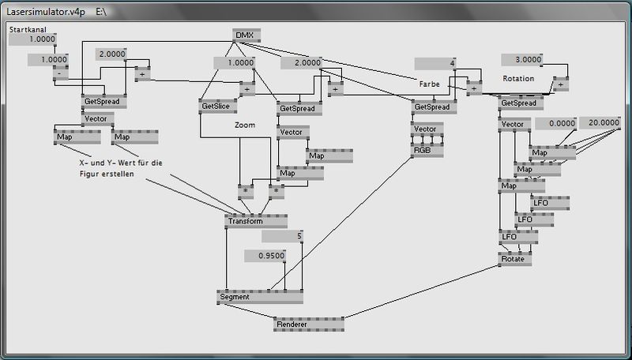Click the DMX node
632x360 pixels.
246,36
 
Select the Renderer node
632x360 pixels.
309,324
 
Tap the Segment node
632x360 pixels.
260,297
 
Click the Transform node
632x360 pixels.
256,221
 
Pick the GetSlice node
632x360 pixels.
218,107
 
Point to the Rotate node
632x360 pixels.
515,259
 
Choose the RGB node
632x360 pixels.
427,150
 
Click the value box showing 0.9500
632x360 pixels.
265,256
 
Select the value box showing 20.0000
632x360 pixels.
600,123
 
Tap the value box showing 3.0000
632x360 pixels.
522,59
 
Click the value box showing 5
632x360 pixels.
282,236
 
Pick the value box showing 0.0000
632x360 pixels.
556,124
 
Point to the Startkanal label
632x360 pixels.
28,29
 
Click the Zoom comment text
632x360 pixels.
245,126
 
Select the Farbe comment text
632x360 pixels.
429,84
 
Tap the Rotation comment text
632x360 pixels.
518,78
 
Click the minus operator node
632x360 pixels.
61,73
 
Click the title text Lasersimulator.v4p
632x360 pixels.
46,12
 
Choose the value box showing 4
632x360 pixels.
435,64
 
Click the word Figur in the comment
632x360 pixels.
89,174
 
